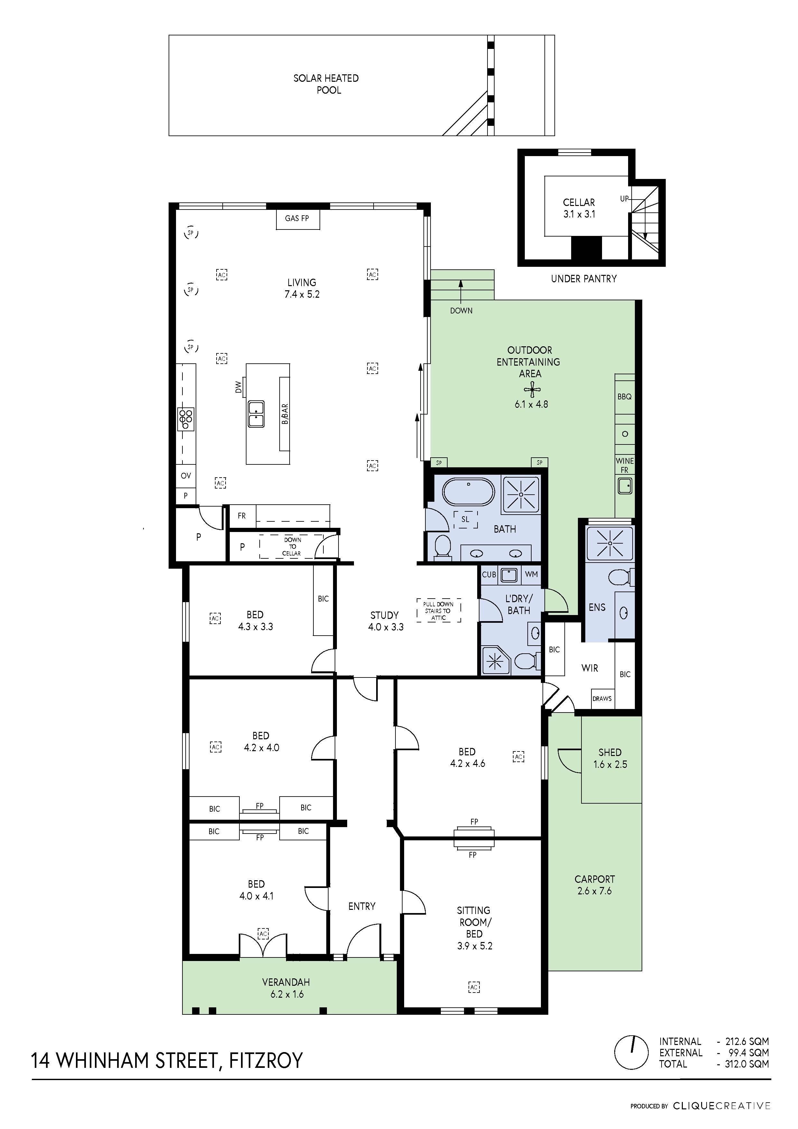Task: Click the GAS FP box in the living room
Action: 297,218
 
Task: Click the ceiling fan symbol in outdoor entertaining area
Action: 532,390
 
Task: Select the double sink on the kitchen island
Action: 256,414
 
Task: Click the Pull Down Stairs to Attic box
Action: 439,611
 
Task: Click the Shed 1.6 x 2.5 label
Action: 610,758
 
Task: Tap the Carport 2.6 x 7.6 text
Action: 594,885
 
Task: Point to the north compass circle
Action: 632,1052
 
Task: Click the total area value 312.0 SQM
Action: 747,1064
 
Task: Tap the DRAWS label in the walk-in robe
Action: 602,698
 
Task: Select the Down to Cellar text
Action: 292,546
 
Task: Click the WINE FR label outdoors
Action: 625,465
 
